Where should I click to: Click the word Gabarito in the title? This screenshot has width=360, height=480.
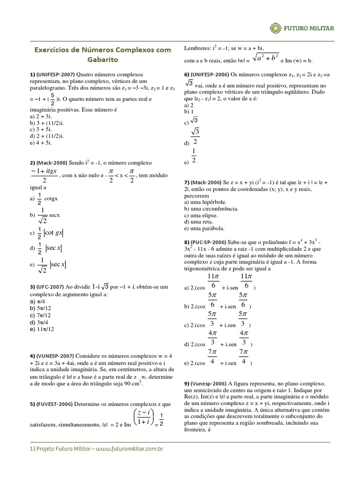[103, 60]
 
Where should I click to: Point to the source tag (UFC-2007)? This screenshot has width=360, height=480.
[50, 286]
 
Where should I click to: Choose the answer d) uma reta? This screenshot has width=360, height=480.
[199, 221]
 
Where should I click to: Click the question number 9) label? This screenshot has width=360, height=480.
[188, 383]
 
